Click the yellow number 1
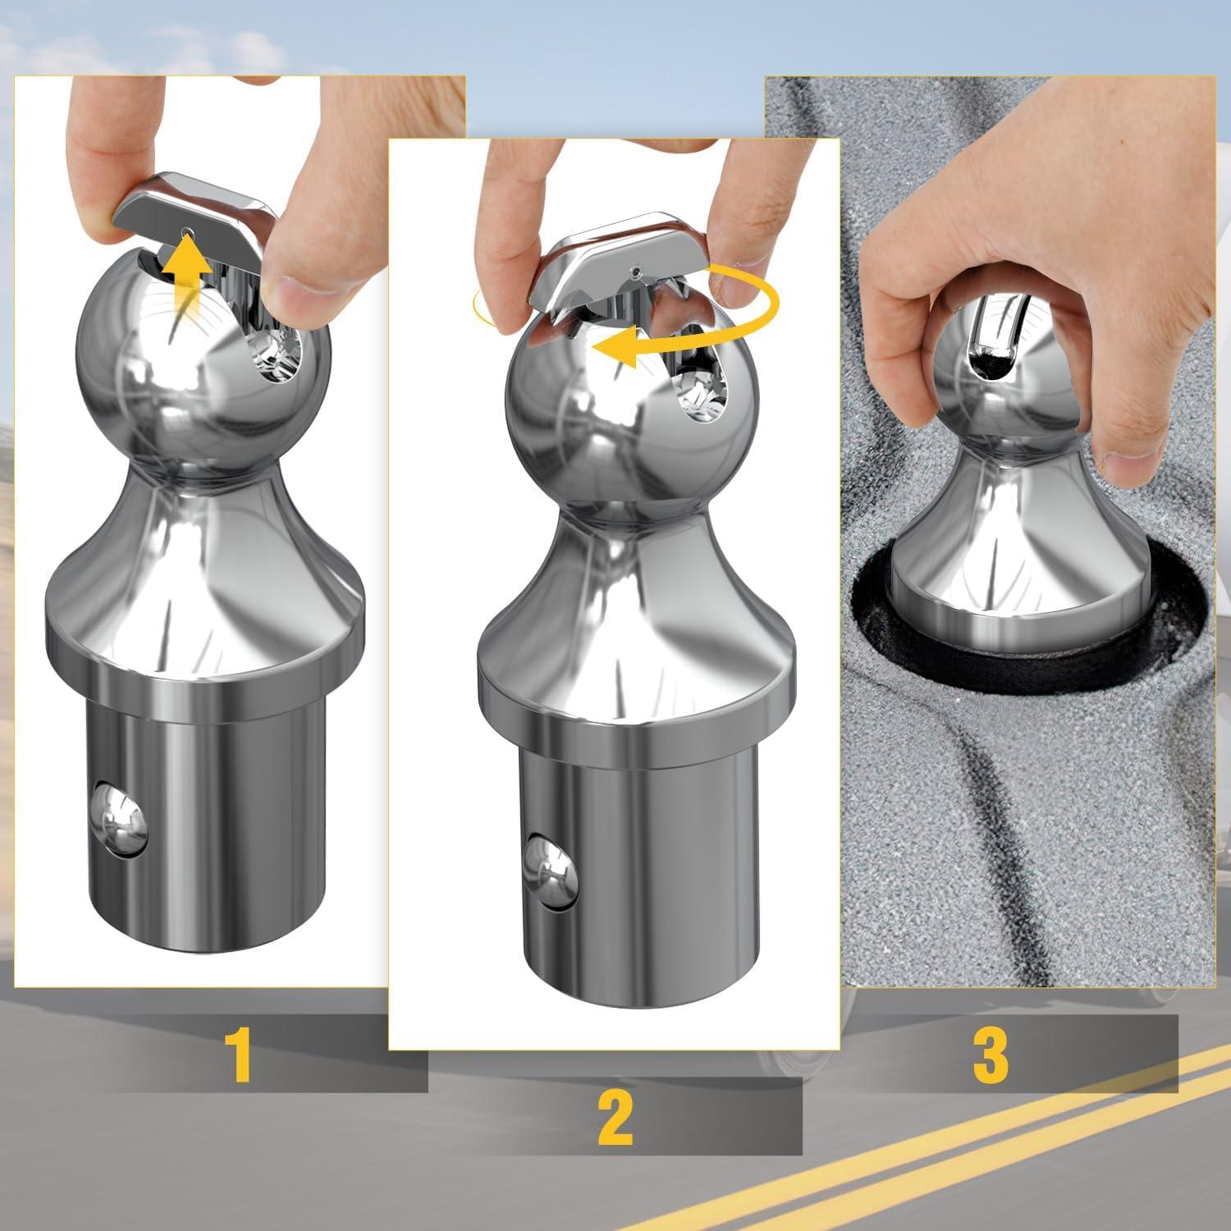click(x=239, y=1055)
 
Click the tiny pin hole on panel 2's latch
click(x=637, y=269)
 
